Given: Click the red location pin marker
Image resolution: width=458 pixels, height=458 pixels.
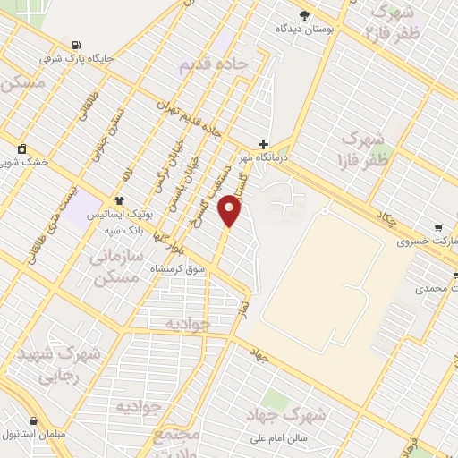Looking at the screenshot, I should click(x=231, y=210).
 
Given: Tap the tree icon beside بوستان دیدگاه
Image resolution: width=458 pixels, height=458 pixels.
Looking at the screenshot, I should click(x=304, y=14).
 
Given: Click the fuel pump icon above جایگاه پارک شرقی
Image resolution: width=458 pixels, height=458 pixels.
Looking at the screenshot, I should click(x=76, y=45).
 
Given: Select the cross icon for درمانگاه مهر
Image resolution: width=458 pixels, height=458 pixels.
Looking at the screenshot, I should click(x=263, y=143).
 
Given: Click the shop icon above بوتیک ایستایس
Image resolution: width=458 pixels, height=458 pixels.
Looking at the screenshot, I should click(x=119, y=200).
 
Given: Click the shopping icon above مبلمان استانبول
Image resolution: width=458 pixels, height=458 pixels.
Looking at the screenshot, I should click(x=34, y=420).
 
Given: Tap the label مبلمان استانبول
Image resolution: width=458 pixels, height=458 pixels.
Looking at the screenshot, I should click(x=34, y=434).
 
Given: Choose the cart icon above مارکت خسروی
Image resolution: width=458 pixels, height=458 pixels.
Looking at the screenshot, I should click(x=437, y=227).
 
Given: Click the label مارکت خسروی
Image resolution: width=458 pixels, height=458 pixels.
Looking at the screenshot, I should click(x=428, y=242).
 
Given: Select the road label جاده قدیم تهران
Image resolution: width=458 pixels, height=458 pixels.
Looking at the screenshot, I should click(x=187, y=116).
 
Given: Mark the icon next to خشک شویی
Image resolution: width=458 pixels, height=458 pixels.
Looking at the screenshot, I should click(x=21, y=148).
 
